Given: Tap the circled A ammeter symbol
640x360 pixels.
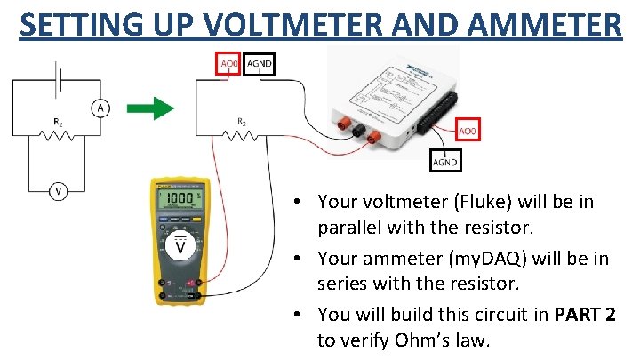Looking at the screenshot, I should tap(100, 108).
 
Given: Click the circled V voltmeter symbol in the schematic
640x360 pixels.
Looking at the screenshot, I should tap(59, 191).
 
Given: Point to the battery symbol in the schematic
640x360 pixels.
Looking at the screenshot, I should tap(59, 78).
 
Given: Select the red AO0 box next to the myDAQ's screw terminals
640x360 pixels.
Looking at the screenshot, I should tap(468, 130).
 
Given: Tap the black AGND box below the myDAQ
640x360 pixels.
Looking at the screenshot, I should tap(444, 162).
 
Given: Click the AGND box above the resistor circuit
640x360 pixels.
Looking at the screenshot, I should tap(259, 64).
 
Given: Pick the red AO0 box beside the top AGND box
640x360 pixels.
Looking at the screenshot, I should tap(228, 64).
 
